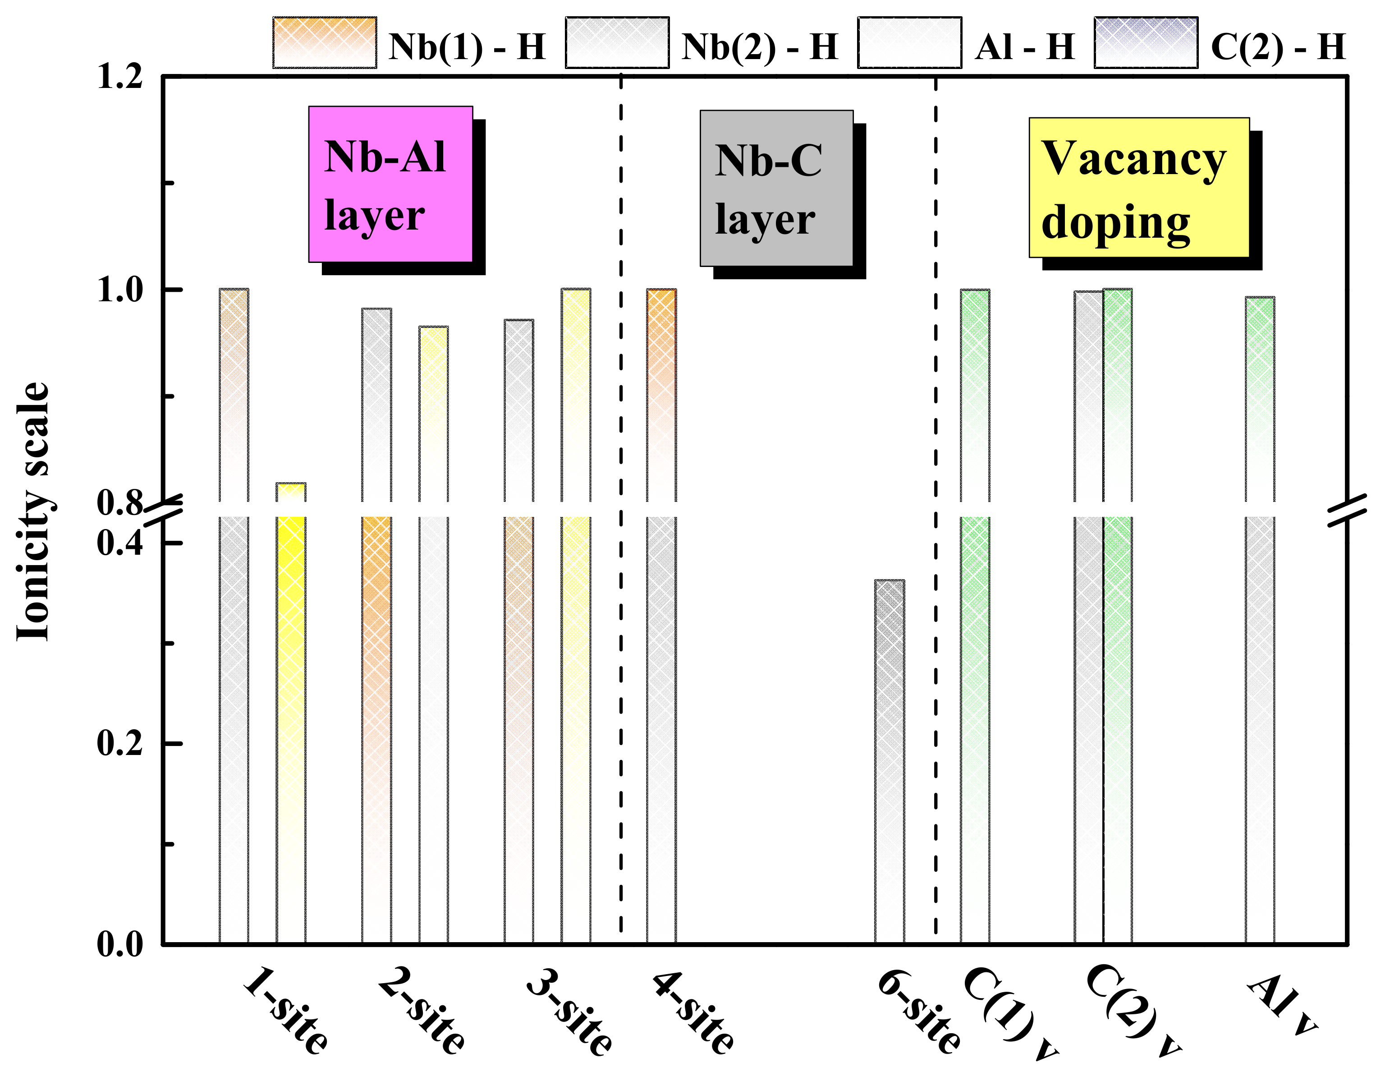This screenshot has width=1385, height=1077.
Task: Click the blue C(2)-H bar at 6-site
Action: (889, 761)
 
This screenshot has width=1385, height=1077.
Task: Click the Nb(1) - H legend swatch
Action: (325, 42)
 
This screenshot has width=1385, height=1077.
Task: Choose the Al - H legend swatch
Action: (909, 42)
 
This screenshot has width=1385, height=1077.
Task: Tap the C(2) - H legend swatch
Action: (1146, 42)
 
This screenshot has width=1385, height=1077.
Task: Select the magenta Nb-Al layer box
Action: (390, 184)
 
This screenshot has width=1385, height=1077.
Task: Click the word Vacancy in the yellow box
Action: (1134, 159)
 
